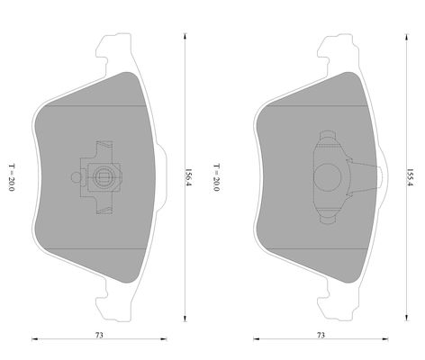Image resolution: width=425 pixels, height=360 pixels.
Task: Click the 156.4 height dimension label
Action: point(187,177)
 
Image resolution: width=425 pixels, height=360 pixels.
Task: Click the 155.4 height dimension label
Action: point(410,177)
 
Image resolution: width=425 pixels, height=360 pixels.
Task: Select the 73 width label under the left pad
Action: point(99,335)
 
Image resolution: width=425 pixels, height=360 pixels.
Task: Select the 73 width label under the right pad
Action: point(321,335)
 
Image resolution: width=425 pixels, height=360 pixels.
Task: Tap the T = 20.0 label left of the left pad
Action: point(11,177)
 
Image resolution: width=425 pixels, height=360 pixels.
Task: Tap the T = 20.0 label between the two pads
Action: point(216,177)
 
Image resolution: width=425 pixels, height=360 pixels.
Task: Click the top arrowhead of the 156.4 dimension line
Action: point(185,36)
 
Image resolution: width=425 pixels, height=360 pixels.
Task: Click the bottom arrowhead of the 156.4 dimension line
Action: point(185,319)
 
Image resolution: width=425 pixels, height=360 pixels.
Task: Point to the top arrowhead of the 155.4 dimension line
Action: point(407,37)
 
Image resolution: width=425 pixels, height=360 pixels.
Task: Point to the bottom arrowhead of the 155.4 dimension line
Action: point(407,318)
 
